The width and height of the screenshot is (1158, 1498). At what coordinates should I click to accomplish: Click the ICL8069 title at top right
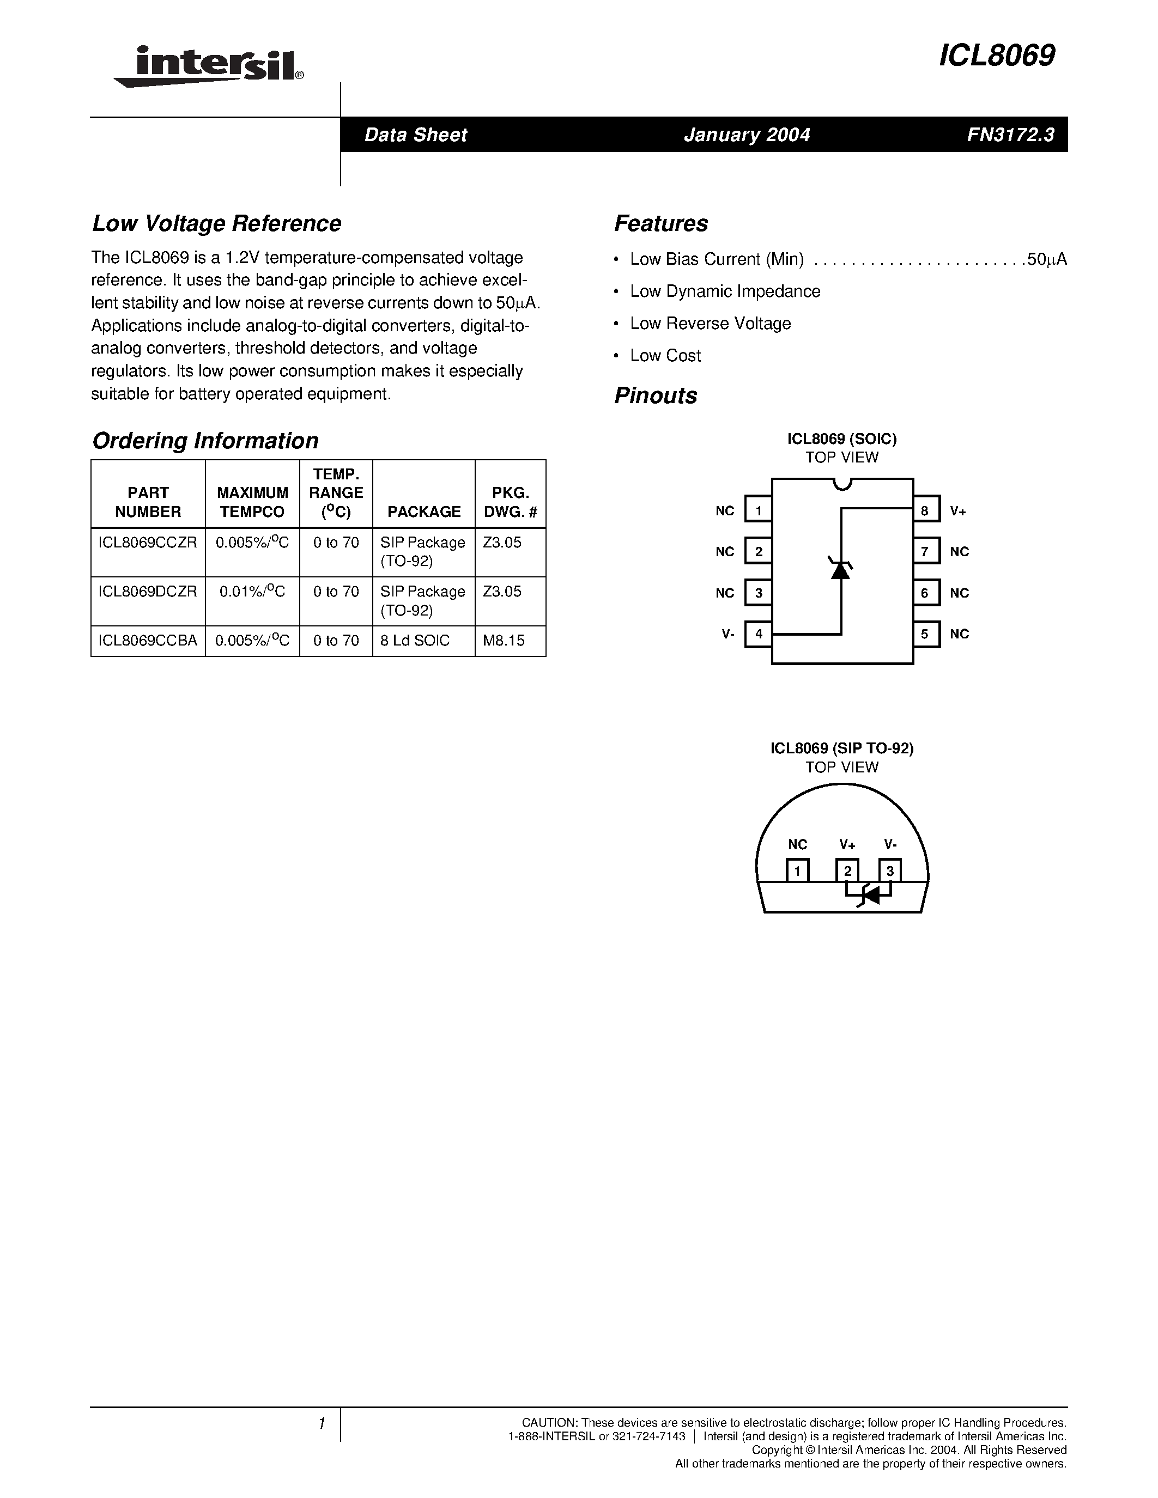pyautogui.click(x=996, y=56)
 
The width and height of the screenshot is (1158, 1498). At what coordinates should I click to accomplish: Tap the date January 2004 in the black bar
pyautogui.click(x=747, y=135)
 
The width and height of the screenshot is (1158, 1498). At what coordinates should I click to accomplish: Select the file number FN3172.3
pyautogui.click(x=1010, y=135)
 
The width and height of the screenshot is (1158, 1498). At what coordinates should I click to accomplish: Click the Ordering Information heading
pyautogui.click(x=205, y=440)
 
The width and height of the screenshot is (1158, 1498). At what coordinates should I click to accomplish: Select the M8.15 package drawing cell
pyautogui.click(x=504, y=641)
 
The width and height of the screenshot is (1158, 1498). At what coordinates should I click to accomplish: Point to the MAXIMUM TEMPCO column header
pyautogui.click(x=252, y=502)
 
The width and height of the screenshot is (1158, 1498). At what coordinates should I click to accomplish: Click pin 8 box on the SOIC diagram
pyautogui.click(x=925, y=510)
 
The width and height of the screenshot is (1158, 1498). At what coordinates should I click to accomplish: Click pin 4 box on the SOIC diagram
pyautogui.click(x=759, y=634)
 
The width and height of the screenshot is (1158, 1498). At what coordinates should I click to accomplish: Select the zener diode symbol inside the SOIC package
pyautogui.click(x=840, y=569)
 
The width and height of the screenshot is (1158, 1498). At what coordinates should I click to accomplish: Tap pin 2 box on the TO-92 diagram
pyautogui.click(x=847, y=871)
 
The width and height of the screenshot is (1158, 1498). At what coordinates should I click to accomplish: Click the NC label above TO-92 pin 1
pyautogui.click(x=797, y=845)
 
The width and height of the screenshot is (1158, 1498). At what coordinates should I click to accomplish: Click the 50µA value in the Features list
pyautogui.click(x=1047, y=259)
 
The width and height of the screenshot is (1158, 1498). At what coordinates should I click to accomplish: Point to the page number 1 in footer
pyautogui.click(x=321, y=1424)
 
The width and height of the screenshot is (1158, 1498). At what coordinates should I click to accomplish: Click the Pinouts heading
pyautogui.click(x=655, y=396)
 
